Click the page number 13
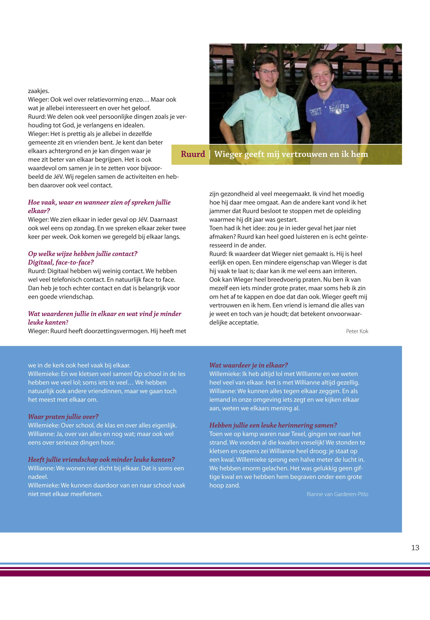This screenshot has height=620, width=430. coord(415,548)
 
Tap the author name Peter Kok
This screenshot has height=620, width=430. coord(357,331)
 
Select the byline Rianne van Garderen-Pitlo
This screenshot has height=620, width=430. coord(337,494)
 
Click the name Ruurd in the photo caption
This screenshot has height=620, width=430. coord(193,154)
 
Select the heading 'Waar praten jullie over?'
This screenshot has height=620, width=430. coord(63,417)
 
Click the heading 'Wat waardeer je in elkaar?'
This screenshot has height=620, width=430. coord(249,365)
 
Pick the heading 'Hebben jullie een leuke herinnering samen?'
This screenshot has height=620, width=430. coord(273,425)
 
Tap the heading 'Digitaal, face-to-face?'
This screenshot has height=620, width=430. coord(61,262)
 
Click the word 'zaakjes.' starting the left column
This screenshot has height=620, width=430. coord(38,91)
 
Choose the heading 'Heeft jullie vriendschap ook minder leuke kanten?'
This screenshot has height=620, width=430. coord(102,460)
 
